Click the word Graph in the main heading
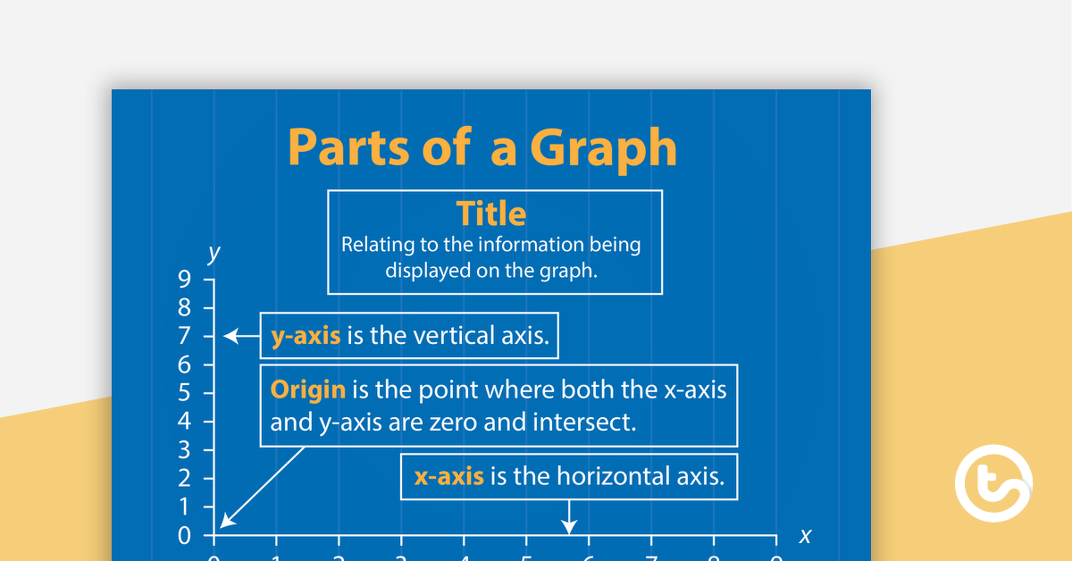pyautogui.click(x=603, y=148)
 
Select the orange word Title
pyautogui.click(x=491, y=214)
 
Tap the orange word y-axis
pyautogui.click(x=306, y=336)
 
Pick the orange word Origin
pyautogui.click(x=307, y=389)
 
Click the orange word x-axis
pyautogui.click(x=448, y=476)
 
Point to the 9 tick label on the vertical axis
pyautogui.click(x=184, y=280)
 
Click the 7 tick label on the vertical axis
pyautogui.click(x=184, y=337)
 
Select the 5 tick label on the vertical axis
pyautogui.click(x=184, y=393)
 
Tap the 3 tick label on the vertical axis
pyautogui.click(x=184, y=450)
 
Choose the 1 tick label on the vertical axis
pyautogui.click(x=184, y=507)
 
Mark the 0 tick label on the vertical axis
pyautogui.click(x=184, y=535)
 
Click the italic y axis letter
pyautogui.click(x=214, y=254)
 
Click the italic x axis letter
pyautogui.click(x=805, y=536)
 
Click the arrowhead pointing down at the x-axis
pyautogui.click(x=568, y=529)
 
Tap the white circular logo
pyautogui.click(x=993, y=483)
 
